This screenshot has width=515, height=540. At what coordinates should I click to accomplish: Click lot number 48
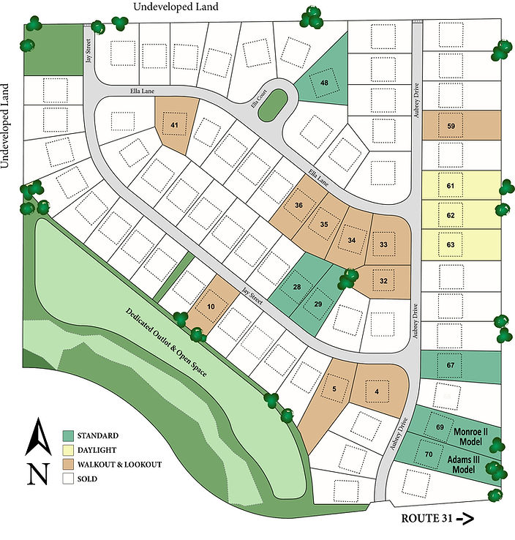(323, 83)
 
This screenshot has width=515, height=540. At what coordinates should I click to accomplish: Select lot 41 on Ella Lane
(174, 125)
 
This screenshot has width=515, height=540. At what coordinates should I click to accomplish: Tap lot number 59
(451, 126)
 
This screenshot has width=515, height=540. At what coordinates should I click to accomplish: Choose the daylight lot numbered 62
(451, 216)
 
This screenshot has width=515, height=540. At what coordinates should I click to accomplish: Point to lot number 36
(298, 206)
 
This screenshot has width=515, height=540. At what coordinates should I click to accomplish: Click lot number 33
(383, 244)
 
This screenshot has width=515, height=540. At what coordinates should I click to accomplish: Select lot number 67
(451, 364)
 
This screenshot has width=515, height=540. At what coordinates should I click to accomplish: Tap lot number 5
(334, 389)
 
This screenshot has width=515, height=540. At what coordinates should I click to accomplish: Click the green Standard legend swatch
(69, 435)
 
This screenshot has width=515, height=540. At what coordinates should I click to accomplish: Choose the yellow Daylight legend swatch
(69, 450)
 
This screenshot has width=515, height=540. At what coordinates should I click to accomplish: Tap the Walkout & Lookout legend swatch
(69, 465)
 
